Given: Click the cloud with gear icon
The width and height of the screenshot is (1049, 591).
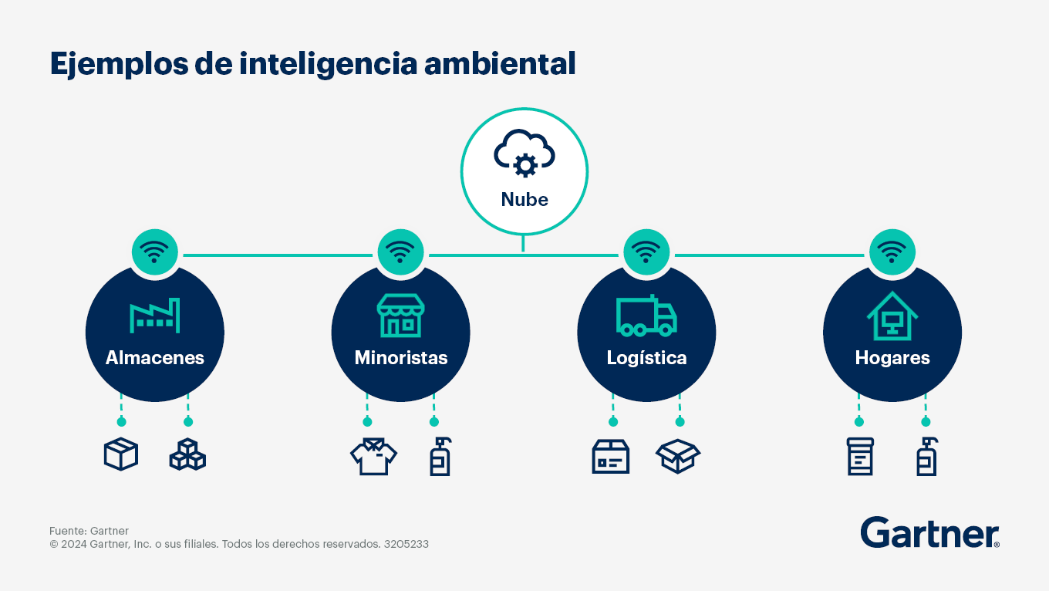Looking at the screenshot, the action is [x=524, y=154].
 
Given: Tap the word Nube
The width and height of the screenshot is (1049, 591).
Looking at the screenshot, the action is [x=524, y=200].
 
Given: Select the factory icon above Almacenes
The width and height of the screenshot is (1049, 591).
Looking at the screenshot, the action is [x=154, y=316].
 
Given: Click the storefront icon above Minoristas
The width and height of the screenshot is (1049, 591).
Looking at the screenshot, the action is [x=400, y=316].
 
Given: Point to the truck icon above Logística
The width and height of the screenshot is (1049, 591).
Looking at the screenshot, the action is [x=646, y=316].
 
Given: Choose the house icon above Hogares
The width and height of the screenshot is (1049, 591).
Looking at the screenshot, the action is [x=892, y=316].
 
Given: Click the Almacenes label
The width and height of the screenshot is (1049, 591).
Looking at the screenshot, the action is [x=154, y=358].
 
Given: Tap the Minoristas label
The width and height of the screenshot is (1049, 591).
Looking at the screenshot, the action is [x=401, y=358].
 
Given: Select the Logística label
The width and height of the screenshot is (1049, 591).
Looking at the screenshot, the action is [x=646, y=358].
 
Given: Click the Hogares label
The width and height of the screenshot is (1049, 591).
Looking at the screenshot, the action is [x=892, y=359].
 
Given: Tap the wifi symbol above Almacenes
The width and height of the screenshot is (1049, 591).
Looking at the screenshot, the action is [x=154, y=252].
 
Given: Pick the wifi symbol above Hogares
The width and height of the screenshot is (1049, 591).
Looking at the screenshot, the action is [x=892, y=252].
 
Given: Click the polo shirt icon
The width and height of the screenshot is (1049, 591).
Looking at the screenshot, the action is [x=373, y=456].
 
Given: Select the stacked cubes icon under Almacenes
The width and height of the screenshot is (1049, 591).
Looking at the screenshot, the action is [x=187, y=454].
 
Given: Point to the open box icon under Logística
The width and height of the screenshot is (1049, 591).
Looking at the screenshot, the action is [x=678, y=456].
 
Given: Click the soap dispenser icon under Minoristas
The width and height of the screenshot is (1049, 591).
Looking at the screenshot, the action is [x=440, y=457].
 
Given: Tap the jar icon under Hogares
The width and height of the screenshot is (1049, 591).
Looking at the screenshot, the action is [x=860, y=457].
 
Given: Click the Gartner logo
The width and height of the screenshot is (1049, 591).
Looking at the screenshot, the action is [x=930, y=532].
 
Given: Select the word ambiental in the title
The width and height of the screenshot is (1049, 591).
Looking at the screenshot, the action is [x=500, y=64].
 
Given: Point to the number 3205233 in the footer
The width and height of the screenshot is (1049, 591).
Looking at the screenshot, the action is [x=406, y=544].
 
